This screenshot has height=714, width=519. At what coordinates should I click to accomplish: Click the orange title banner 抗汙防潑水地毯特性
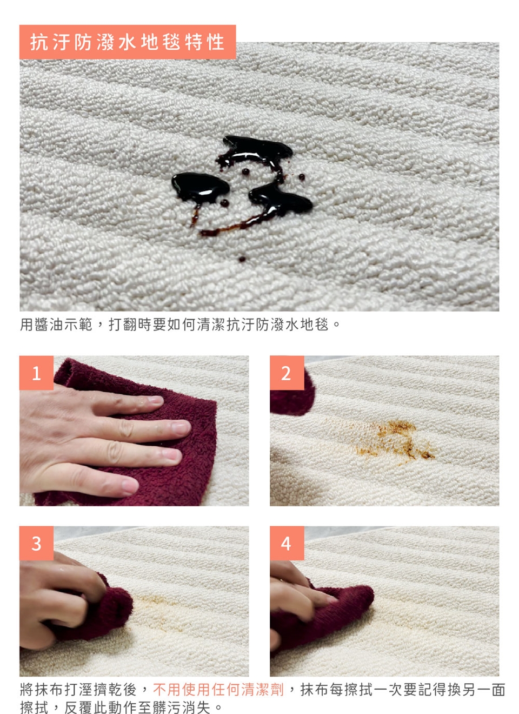click(128, 42)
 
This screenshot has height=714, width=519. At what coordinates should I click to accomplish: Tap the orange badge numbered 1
click(36, 373)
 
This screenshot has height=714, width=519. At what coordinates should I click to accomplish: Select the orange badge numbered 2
click(287, 373)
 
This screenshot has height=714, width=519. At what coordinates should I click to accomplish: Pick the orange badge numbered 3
click(36, 543)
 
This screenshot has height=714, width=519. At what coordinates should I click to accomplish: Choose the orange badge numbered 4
click(287, 543)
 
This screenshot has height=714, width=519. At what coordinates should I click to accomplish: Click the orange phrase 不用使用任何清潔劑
click(218, 690)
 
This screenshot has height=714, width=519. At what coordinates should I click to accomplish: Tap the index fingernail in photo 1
click(155, 400)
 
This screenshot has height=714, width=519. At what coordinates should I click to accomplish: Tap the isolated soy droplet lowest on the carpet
click(242, 259)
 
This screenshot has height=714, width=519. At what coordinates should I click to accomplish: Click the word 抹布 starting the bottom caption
click(42, 690)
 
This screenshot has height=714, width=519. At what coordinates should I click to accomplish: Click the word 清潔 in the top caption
click(211, 325)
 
